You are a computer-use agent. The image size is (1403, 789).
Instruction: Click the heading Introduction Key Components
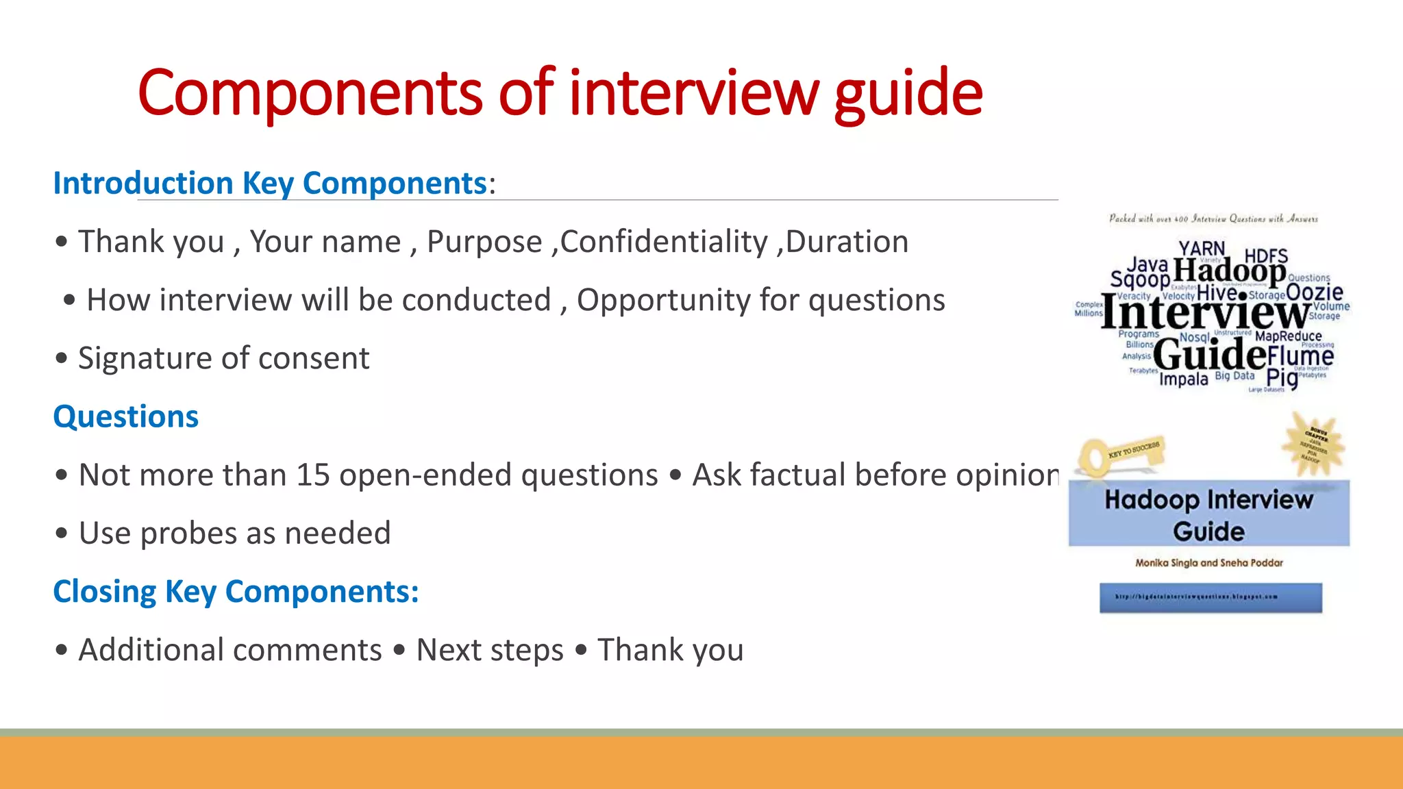[x=270, y=184]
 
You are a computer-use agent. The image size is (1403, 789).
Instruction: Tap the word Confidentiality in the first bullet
[x=664, y=242]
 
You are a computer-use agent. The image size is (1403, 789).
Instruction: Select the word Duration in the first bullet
[x=847, y=242]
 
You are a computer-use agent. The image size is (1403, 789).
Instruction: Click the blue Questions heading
[x=126, y=416]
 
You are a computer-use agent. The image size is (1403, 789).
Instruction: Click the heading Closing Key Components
[x=236, y=592]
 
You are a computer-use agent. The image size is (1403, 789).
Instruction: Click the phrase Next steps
[x=489, y=650]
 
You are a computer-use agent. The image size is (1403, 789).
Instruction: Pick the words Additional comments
[x=230, y=650]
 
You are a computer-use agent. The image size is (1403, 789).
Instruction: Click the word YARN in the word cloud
[x=1202, y=248]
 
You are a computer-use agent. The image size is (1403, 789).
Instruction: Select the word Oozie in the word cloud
[x=1314, y=292]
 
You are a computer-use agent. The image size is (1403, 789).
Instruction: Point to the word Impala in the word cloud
[x=1183, y=379]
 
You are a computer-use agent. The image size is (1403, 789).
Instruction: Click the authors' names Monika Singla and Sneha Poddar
[x=1209, y=563]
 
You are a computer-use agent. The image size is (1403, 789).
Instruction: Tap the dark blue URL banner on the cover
[x=1210, y=597]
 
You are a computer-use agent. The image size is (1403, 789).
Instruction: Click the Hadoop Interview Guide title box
[x=1209, y=514]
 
